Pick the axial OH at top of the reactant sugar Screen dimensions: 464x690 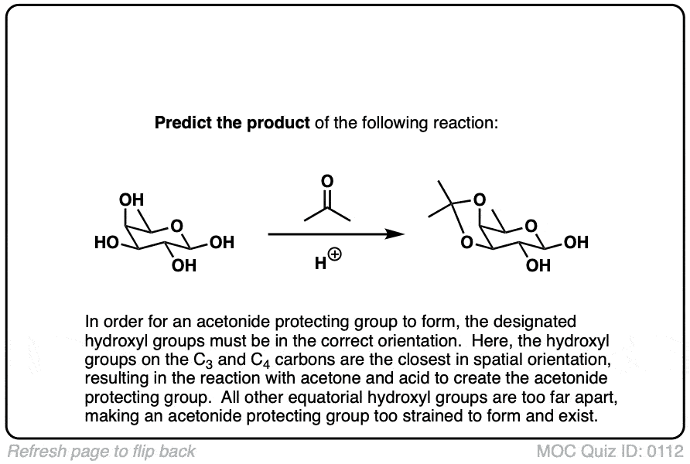132,200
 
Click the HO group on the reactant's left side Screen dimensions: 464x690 106,244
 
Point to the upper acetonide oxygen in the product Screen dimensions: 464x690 481,200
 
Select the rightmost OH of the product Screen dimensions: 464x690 576,244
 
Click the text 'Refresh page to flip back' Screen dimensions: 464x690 101,451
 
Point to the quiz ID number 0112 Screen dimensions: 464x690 668,451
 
